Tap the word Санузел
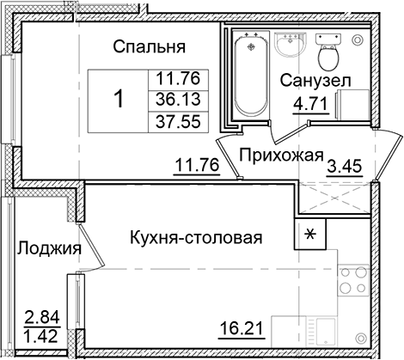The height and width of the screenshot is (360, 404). [315, 82]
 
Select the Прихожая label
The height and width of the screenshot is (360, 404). [280, 156]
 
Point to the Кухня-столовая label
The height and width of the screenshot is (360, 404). [196, 237]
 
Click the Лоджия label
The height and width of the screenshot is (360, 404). [48, 249]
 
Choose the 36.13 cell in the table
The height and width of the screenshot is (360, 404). [174, 99]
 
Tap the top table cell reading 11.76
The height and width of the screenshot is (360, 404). [174, 79]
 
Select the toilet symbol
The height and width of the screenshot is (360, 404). [327, 54]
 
